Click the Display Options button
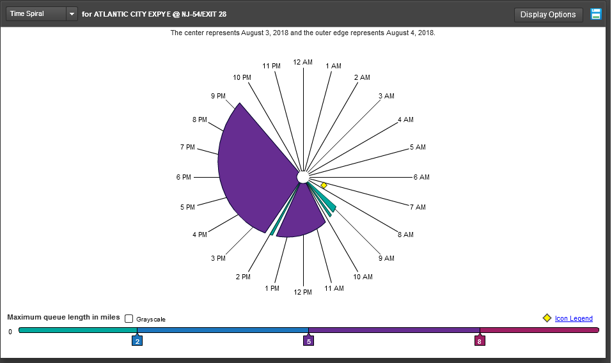tap(548, 15)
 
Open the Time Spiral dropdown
tap(72, 14)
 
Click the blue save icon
tap(596, 14)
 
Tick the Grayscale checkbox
tap(129, 318)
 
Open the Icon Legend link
tap(574, 318)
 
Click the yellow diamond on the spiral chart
tap(324, 185)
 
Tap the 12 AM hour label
tap(303, 62)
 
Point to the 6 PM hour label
tap(184, 177)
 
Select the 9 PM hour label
tap(218, 96)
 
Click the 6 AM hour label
tap(421, 177)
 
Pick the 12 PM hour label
tap(302, 292)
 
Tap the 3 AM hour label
tap(386, 96)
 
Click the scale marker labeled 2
tap(137, 341)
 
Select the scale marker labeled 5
tap(308, 341)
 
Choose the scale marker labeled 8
tap(480, 341)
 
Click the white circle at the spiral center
tap(303, 176)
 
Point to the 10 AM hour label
tap(363, 277)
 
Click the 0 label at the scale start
tap(10, 332)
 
